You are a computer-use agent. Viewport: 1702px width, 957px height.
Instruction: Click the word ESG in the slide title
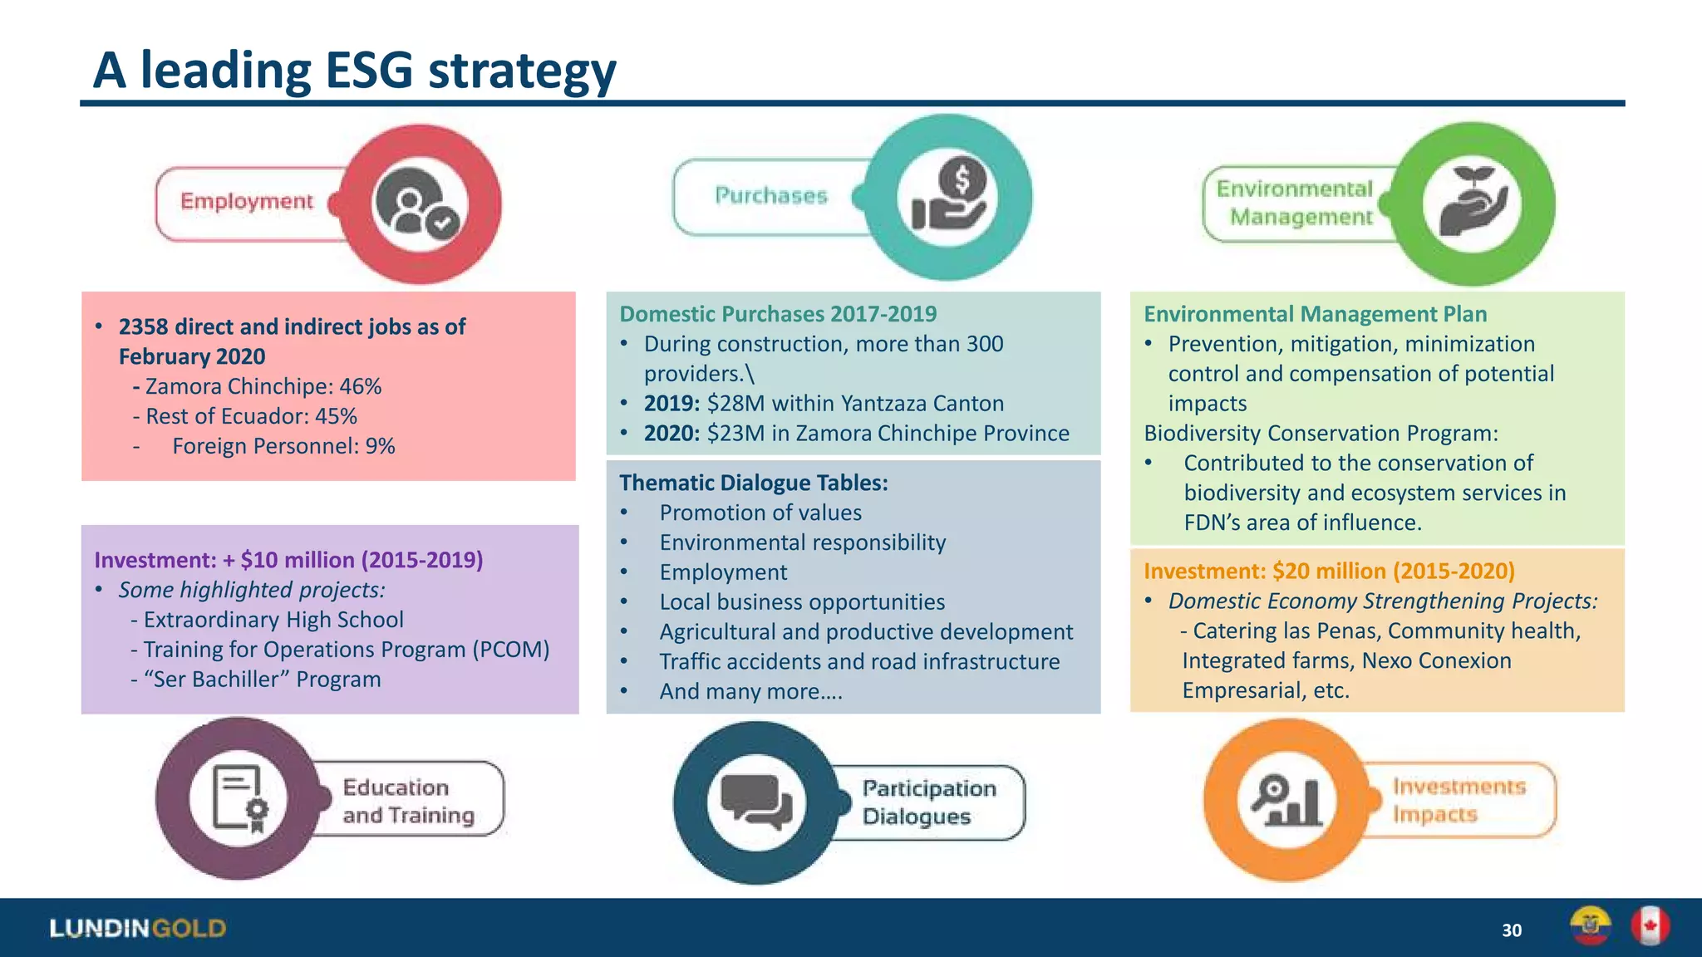pos(368,71)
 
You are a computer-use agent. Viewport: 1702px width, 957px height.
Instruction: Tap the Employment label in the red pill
pos(247,202)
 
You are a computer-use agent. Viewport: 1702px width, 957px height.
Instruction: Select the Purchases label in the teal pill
pos(771,196)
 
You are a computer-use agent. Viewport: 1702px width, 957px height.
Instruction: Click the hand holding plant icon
pos(1472,202)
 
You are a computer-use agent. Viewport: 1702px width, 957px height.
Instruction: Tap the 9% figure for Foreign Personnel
pos(380,447)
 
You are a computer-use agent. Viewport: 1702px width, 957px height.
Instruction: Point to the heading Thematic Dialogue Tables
pos(753,483)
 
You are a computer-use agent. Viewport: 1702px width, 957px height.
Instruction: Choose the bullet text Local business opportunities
pos(802,602)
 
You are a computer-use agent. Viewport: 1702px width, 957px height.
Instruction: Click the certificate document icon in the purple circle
pos(239,798)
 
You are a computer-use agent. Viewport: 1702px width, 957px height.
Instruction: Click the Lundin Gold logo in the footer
pos(138,929)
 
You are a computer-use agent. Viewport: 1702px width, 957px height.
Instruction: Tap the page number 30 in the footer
pos(1512,930)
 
